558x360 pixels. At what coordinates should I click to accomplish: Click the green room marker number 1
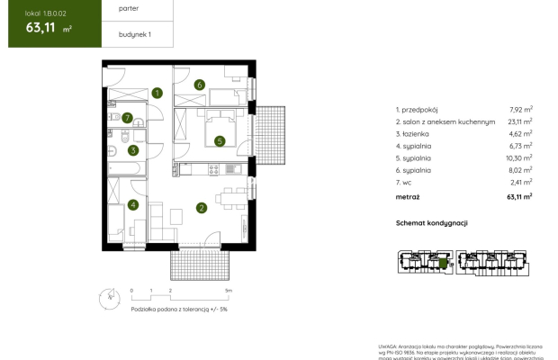point(157,92)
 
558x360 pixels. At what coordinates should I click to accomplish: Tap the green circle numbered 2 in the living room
point(202,208)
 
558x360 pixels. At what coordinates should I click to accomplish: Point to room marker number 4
point(132,204)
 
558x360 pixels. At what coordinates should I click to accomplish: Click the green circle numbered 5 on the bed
point(219,140)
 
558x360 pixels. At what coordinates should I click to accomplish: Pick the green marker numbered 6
point(199,85)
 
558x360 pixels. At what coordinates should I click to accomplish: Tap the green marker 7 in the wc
point(129,117)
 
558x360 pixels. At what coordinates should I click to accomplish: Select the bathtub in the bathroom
point(122,168)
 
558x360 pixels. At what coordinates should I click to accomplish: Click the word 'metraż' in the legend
point(408,195)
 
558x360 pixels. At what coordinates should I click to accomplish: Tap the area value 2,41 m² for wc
point(520,183)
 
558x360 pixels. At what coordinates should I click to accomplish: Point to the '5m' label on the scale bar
point(229,292)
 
